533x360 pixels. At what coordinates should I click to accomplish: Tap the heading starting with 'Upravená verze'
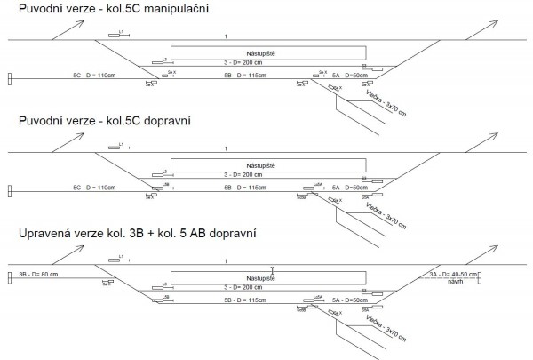[131, 236]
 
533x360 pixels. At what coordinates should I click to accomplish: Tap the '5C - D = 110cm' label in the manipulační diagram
[96, 76]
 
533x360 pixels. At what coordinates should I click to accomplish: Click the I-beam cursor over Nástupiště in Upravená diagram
[273, 271]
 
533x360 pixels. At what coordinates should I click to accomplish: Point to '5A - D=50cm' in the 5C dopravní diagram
[349, 188]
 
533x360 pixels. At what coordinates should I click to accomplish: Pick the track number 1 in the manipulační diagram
[227, 36]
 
